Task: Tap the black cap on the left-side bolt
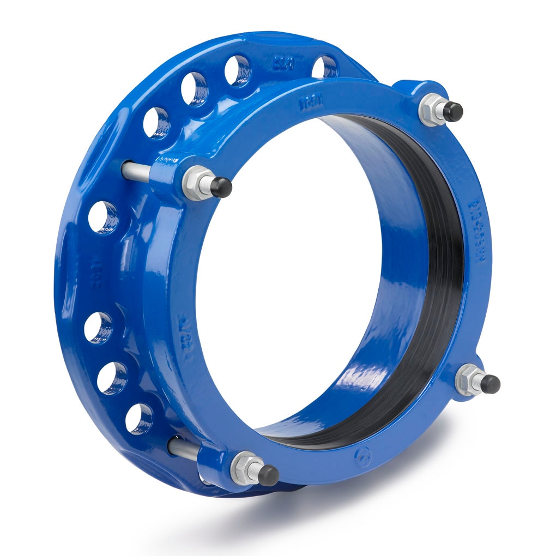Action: click(221, 187)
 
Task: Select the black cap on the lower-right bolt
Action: click(489, 384)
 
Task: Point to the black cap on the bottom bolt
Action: click(267, 475)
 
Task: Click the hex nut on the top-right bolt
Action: click(431, 108)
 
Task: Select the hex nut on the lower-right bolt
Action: click(468, 379)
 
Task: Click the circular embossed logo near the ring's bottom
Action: click(361, 454)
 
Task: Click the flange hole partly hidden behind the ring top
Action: click(325, 67)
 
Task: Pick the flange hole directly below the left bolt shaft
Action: click(103, 217)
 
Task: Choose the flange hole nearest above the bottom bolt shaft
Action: click(139, 419)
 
